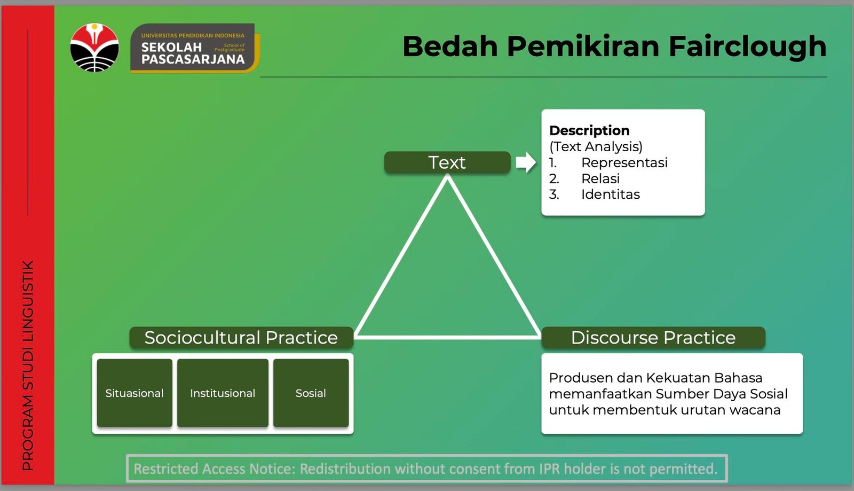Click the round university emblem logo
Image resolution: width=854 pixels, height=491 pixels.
pyautogui.click(x=94, y=48)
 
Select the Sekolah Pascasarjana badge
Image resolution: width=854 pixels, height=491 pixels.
pyautogui.click(x=195, y=48)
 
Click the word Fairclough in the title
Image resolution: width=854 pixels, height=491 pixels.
pyautogui.click(x=748, y=46)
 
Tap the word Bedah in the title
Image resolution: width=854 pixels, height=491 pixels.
pyautogui.click(x=450, y=46)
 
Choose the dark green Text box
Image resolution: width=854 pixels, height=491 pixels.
pyautogui.click(x=447, y=162)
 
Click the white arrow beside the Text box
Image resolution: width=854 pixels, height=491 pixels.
pyautogui.click(x=526, y=162)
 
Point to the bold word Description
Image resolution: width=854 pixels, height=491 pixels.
pyautogui.click(x=589, y=130)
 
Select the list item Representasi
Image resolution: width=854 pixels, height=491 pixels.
pyautogui.click(x=624, y=162)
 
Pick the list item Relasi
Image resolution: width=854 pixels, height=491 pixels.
pyautogui.click(x=600, y=178)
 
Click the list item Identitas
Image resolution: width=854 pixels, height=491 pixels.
pyautogui.click(x=611, y=194)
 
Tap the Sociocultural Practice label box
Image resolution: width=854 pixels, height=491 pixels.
pyautogui.click(x=241, y=338)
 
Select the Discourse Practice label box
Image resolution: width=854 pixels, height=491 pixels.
pyautogui.click(x=653, y=338)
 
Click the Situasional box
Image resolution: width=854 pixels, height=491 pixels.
pyautogui.click(x=135, y=393)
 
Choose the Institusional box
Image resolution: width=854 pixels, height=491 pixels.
pyautogui.click(x=223, y=393)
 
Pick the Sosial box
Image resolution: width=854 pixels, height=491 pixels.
pyautogui.click(x=311, y=393)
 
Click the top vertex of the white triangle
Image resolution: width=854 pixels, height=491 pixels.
pyautogui.click(x=447, y=177)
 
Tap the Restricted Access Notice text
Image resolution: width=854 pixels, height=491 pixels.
pyautogui.click(x=426, y=469)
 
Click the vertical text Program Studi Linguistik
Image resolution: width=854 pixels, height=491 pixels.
pyautogui.click(x=28, y=365)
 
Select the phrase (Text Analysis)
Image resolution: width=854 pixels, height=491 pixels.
pyautogui.click(x=596, y=146)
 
